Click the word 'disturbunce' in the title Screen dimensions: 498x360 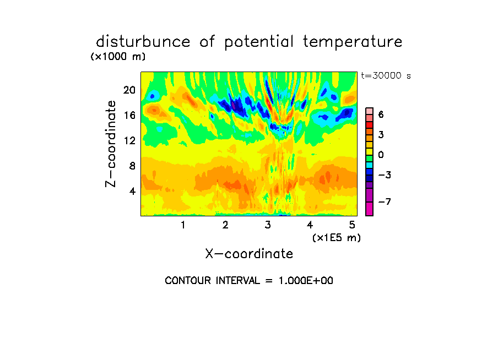click(x=143, y=41)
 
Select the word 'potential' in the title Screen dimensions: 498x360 click(x=259, y=42)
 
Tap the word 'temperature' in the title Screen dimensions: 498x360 click(x=353, y=42)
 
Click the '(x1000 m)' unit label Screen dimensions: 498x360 click(x=118, y=57)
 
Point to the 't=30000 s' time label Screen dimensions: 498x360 click(x=386, y=75)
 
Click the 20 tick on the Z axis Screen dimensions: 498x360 click(x=129, y=90)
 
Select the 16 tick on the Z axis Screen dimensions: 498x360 click(x=129, y=115)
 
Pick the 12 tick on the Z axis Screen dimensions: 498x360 click(x=129, y=140)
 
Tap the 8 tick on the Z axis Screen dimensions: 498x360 click(x=132, y=166)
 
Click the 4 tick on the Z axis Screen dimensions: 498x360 click(x=132, y=191)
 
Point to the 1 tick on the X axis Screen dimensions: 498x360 click(x=183, y=225)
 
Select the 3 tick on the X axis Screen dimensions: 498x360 click(x=268, y=225)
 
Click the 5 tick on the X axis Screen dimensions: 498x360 click(x=352, y=225)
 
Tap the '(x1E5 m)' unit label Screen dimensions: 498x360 click(x=337, y=238)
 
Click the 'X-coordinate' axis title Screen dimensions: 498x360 click(x=249, y=254)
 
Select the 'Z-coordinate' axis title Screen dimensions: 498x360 click(x=110, y=144)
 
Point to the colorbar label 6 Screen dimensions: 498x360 click(x=381, y=114)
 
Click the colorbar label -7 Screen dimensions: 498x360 click(x=385, y=201)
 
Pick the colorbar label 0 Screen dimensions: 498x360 click(x=381, y=155)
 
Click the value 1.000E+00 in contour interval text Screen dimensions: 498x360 click(x=306, y=281)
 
